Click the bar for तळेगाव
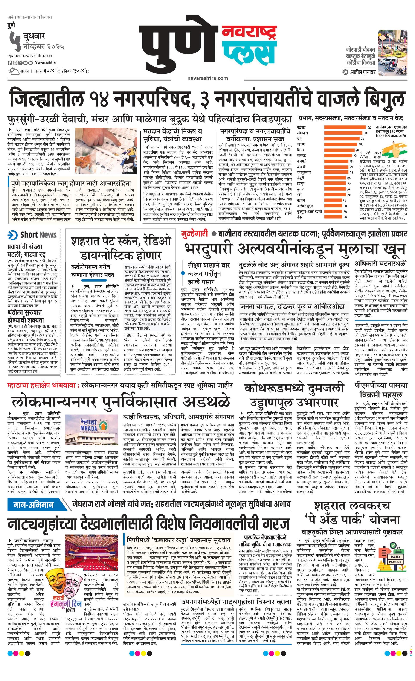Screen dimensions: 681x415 [344, 127]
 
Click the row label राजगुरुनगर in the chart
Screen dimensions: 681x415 [304, 172]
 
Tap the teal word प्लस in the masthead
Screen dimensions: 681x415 [249, 54]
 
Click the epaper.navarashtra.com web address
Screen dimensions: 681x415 [31, 56]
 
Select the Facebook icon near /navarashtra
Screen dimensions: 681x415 [10, 63]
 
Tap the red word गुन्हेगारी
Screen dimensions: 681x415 [194, 233]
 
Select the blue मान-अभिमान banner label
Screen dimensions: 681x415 [34, 505]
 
